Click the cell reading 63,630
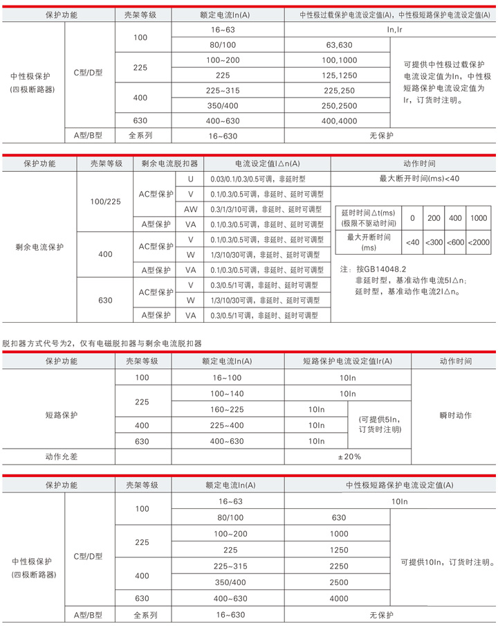(339, 46)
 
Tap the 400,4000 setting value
(339, 121)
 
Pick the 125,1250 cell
(339, 75)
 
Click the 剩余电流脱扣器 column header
(169, 164)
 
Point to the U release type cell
(191, 179)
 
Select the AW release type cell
(191, 209)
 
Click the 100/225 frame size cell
(105, 202)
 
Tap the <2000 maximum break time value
(479, 242)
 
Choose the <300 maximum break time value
(434, 242)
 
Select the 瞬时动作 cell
(455, 415)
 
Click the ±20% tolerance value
(349, 456)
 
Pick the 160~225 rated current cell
(227, 410)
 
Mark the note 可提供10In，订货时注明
(443, 562)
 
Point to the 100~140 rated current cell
(227, 393)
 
